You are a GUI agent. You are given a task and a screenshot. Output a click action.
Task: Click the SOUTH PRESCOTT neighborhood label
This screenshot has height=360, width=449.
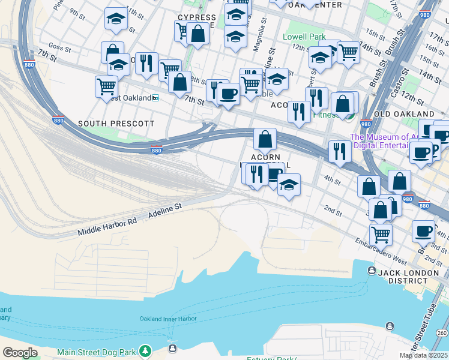tap(116, 124)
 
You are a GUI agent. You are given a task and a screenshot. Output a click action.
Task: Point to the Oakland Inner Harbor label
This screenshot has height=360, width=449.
tap(168, 319)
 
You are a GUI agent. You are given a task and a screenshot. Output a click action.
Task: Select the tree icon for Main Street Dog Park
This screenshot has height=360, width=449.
tap(144, 350)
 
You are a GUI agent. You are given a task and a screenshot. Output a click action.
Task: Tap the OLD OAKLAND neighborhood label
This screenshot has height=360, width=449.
tap(404, 113)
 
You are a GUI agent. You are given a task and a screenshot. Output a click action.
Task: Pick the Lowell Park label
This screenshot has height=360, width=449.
tap(304, 37)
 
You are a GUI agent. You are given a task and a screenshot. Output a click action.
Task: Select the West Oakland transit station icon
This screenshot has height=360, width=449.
tap(155, 98)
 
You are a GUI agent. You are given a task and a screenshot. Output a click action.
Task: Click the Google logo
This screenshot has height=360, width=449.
tap(20, 353)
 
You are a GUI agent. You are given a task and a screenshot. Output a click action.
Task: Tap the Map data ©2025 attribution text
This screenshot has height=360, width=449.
tap(423, 355)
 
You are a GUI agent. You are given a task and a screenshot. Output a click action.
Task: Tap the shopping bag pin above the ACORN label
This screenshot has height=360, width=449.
tap(264, 139)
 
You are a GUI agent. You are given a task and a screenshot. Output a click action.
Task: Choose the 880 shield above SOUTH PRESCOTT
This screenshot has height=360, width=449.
tap(58, 120)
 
